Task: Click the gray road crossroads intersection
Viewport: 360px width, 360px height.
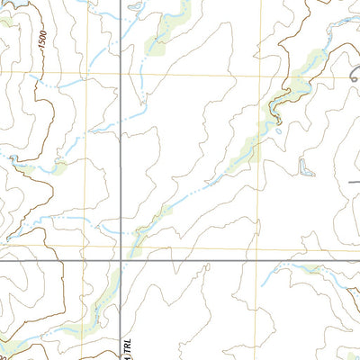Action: coord(121,262)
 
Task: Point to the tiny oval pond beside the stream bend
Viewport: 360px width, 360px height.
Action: coord(279,132)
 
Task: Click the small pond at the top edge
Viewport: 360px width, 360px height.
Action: coord(135,7)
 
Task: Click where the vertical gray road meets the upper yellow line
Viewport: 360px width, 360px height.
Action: coord(121,74)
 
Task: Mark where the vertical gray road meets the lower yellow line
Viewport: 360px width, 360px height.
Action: coord(121,246)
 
